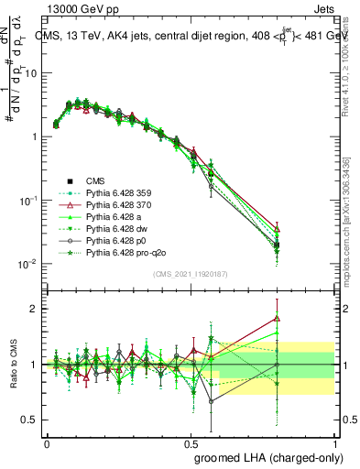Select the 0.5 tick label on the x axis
coord(191,442)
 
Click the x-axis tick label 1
coord(334,442)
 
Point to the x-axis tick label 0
coord(47,442)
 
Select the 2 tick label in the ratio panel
coord(34,309)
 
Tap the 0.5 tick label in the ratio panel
coord(30,420)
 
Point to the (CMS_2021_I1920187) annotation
coord(190,274)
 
